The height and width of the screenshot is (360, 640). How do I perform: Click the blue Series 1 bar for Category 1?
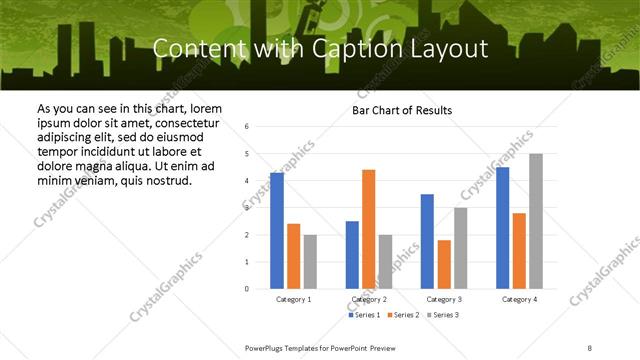(277, 231)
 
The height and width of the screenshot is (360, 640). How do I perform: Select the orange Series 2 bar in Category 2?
(368, 229)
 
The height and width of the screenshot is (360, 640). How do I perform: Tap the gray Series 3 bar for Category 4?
(536, 221)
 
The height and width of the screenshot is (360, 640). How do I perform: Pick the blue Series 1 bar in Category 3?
(427, 241)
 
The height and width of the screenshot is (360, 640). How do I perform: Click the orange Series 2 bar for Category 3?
(444, 264)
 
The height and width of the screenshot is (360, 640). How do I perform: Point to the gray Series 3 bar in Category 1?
(310, 262)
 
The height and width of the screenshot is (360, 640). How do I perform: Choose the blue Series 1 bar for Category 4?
(503, 228)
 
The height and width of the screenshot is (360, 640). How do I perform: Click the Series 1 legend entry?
(365, 315)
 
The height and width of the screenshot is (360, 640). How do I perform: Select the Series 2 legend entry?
(404, 315)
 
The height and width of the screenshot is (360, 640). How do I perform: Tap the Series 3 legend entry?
(443, 315)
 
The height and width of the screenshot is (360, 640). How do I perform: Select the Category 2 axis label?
(369, 299)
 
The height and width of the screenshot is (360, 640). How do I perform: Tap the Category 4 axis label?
(519, 299)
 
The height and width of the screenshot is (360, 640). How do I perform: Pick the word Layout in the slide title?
(454, 48)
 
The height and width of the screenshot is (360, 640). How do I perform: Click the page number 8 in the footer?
(590, 347)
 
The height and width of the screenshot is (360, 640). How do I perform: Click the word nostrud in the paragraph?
(168, 180)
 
